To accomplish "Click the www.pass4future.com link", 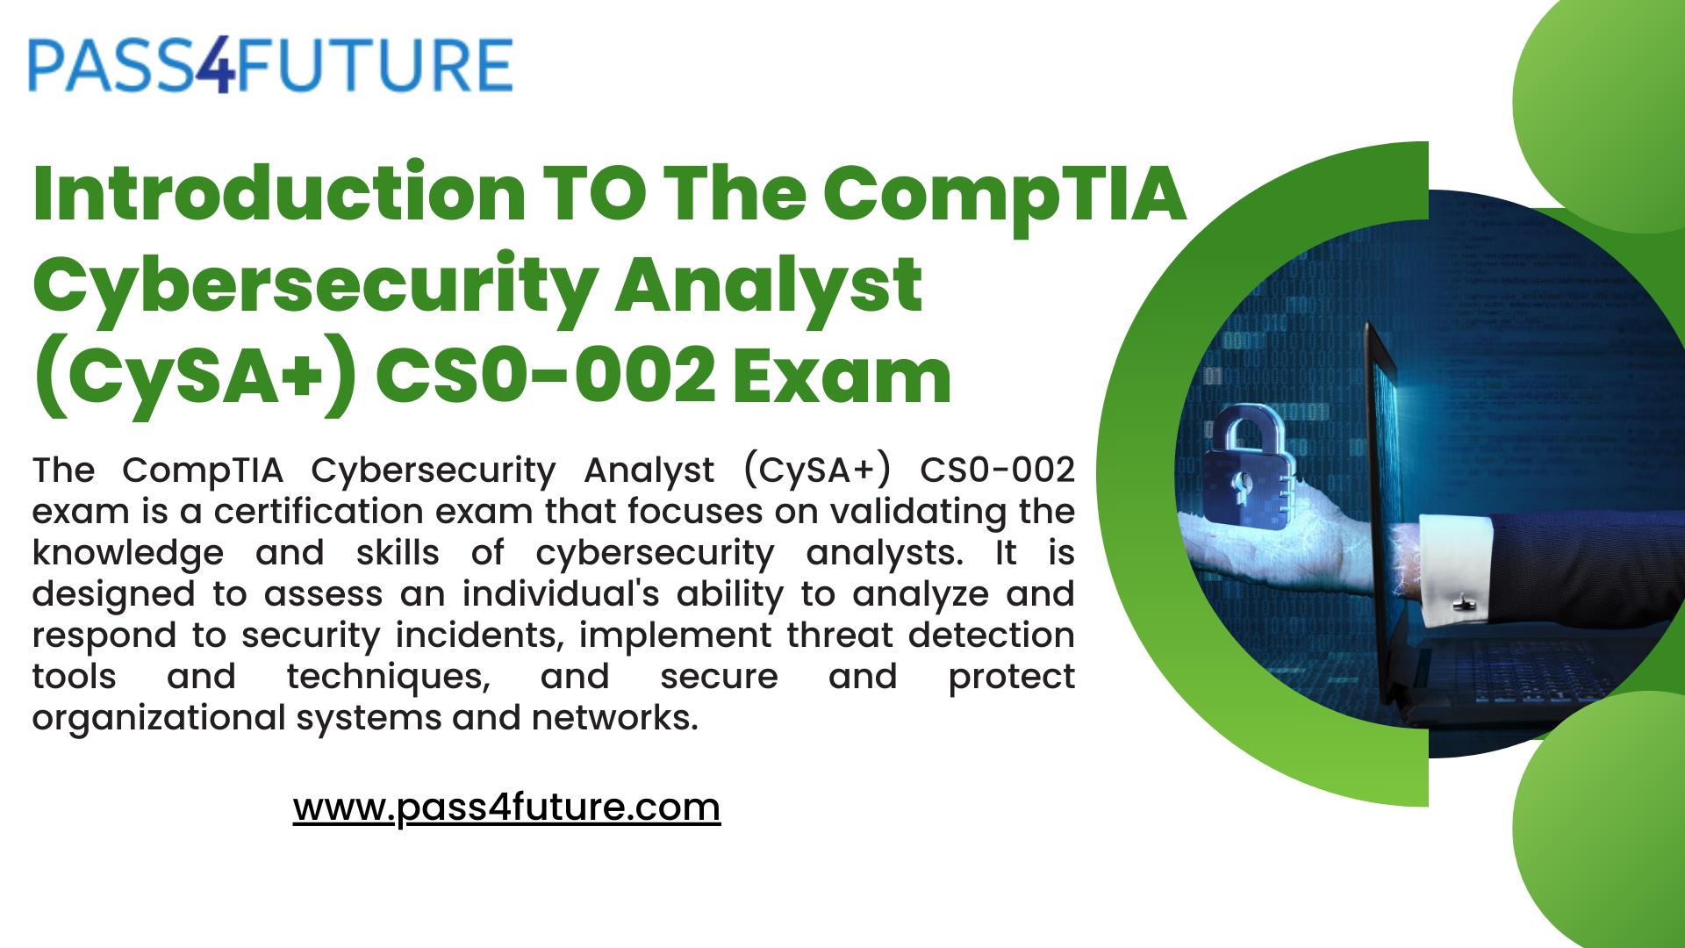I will coord(506,808).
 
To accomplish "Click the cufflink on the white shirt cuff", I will coord(1462,603).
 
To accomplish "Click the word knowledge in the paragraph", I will coord(127,553).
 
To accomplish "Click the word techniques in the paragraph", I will coord(387,677).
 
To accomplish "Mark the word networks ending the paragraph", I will coord(613,718).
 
